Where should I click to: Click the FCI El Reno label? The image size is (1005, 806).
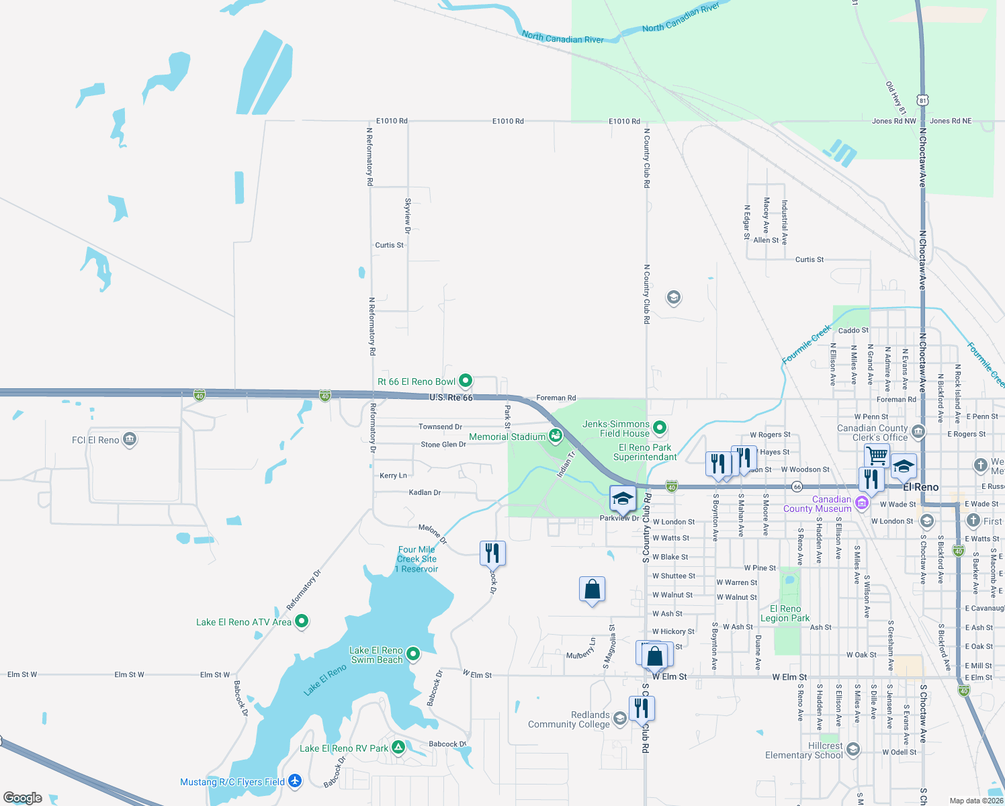coord(95,440)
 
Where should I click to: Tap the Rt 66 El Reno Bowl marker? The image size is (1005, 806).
coord(465,381)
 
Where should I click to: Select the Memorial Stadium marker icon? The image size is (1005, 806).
coord(555,437)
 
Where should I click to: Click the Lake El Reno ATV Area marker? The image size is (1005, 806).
coord(302,621)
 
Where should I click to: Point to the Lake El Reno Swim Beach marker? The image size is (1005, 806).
coord(413,653)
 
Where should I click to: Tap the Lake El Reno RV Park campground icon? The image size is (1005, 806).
coord(398,747)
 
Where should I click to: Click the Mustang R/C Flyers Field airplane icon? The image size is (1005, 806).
coord(295,781)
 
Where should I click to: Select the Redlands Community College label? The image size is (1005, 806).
coord(569,719)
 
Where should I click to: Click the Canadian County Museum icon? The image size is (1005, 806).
coord(862,502)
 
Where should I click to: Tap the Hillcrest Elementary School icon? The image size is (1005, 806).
coord(853,749)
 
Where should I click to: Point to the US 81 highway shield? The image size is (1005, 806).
coord(923,100)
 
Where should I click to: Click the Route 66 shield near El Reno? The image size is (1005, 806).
coord(797,486)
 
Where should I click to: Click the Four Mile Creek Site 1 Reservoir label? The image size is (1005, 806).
coord(417,559)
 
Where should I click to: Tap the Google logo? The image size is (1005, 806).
coord(23,798)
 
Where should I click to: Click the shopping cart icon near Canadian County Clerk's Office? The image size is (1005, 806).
coord(877,455)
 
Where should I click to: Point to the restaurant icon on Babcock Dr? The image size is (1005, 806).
coord(492,553)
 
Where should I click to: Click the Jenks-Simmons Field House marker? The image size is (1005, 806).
coord(660,427)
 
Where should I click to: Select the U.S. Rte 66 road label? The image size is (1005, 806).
coord(451,398)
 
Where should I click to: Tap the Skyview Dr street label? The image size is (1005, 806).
coord(408,215)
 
